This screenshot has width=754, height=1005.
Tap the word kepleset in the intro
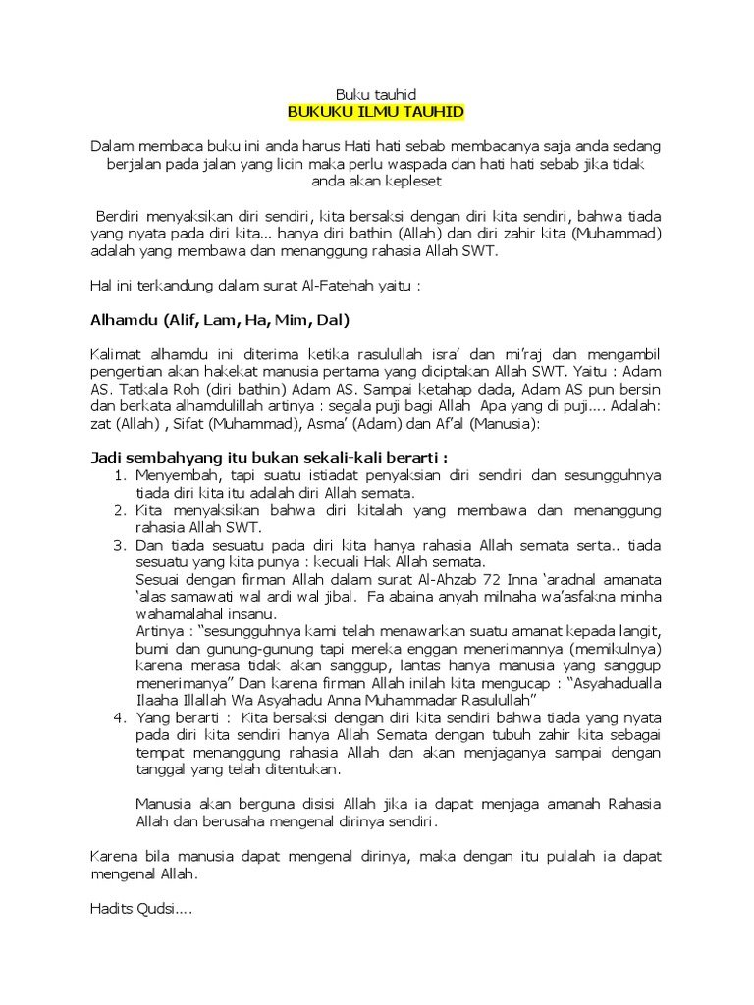point(413,182)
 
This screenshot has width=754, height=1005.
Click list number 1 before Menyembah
point(119,476)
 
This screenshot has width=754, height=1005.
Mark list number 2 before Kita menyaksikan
point(119,510)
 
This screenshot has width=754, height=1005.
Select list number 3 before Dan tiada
point(119,545)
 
